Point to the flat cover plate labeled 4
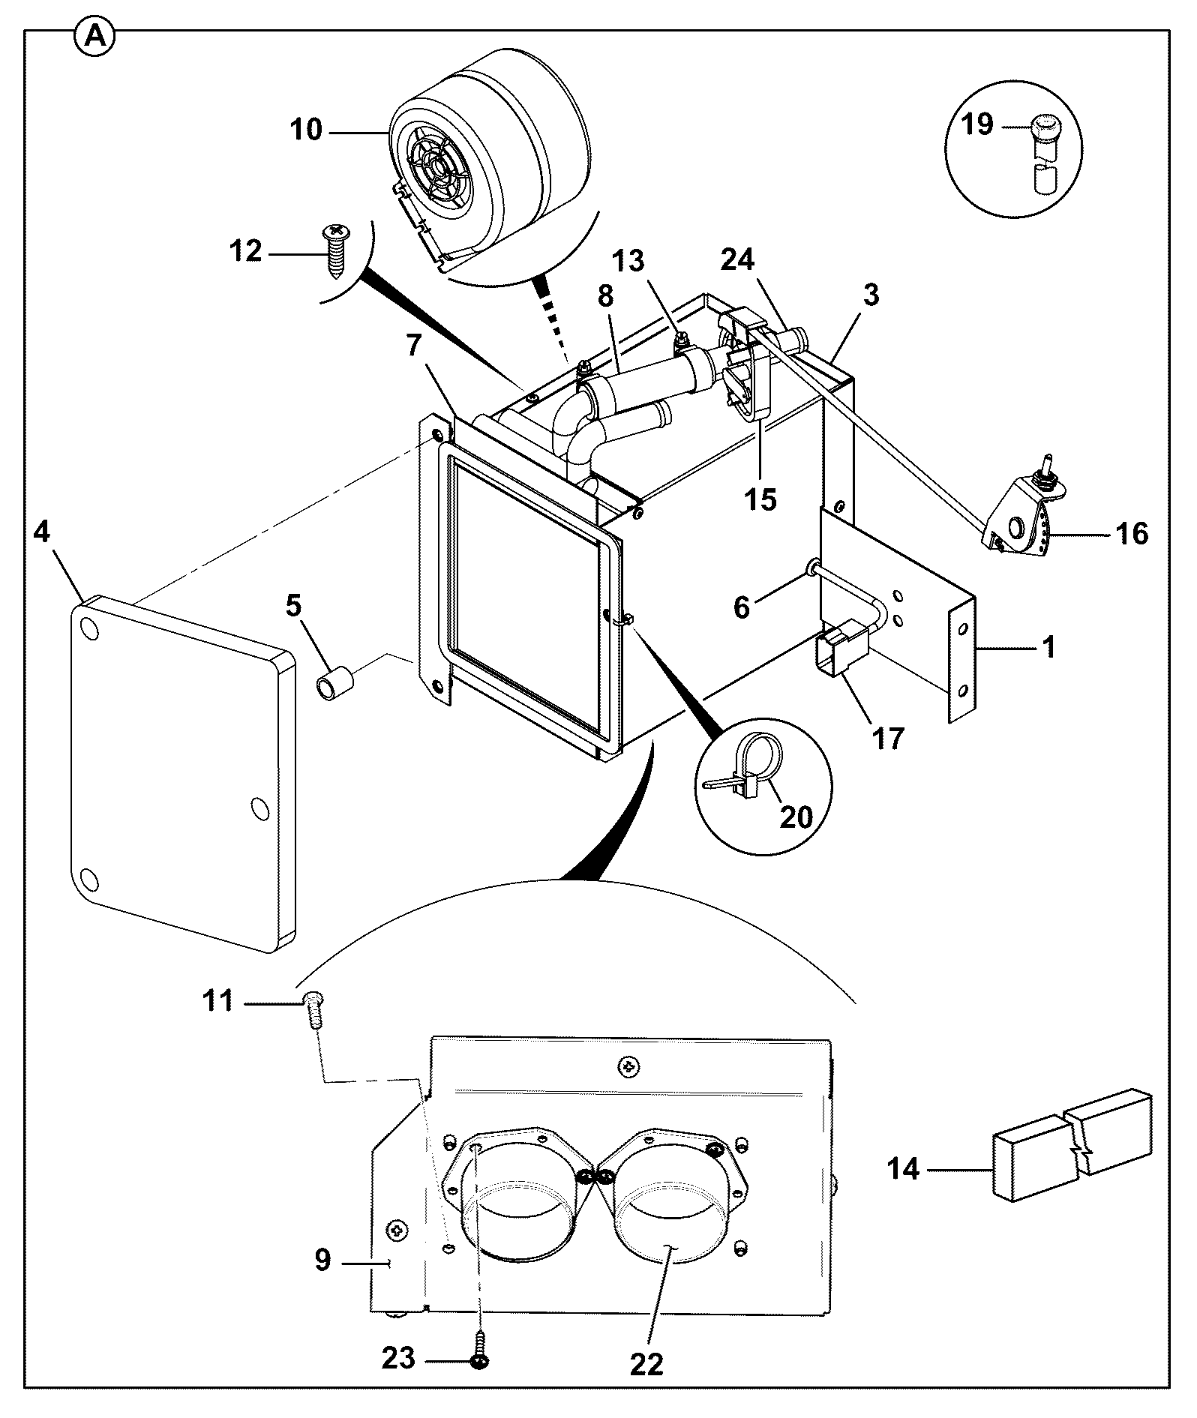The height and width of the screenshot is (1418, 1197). (184, 772)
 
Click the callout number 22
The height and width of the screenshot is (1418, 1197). (647, 1363)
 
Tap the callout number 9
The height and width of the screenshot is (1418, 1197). (322, 1259)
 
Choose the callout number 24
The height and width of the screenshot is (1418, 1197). (738, 260)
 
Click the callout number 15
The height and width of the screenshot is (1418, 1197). (761, 499)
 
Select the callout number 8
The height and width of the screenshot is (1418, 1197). (605, 295)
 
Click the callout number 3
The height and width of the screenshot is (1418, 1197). (870, 295)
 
